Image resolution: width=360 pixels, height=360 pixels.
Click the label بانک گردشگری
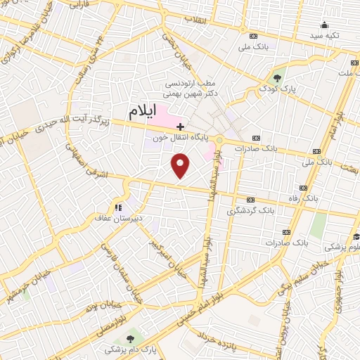[x=248, y=210]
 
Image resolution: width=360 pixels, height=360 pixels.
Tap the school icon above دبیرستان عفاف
[x=117, y=207]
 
